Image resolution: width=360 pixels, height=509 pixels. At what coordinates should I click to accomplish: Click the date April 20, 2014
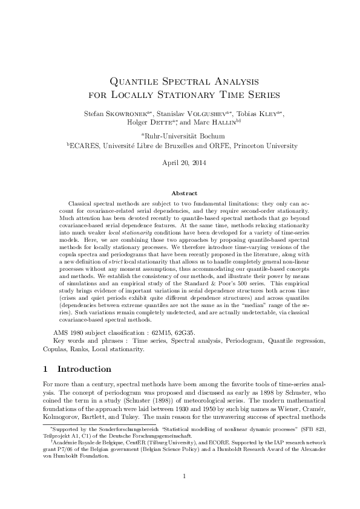tap(180, 163)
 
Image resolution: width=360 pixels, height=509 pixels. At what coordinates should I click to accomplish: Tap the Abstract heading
tap(180, 193)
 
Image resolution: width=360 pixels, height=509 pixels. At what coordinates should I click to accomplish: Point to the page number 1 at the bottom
tap(180, 476)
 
